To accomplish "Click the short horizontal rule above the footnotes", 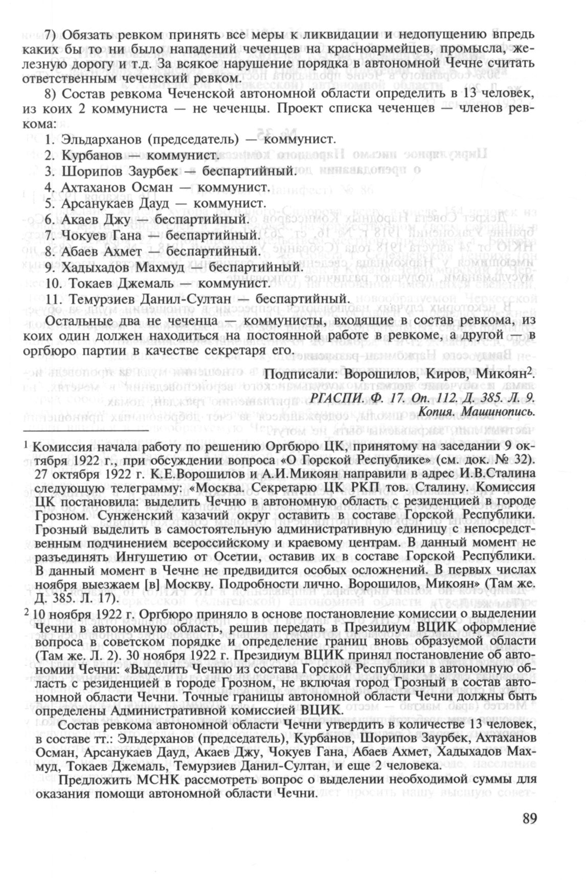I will pyautogui.click(x=84, y=430).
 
